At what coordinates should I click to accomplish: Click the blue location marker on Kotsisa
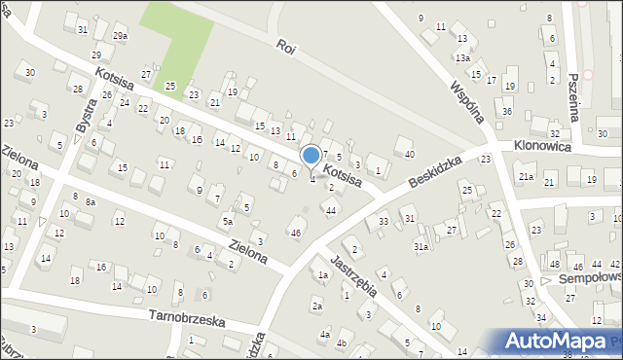pyautogui.click(x=311, y=156)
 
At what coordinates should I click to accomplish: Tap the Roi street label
pyautogui.click(x=285, y=46)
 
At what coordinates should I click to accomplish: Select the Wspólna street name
pyautogui.click(x=467, y=95)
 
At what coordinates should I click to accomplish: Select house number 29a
pyautogui.click(x=119, y=36)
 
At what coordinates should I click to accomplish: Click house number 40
pyautogui.click(x=410, y=154)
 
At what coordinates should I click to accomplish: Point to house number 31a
pyautogui.click(x=421, y=247)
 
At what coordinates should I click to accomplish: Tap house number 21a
pyautogui.click(x=526, y=177)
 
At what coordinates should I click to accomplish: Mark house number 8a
pyautogui.click(x=90, y=201)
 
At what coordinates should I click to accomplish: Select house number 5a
pyautogui.click(x=227, y=222)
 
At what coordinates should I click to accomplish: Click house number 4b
pyautogui.click(x=342, y=342)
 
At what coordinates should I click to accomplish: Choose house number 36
pyautogui.click(x=507, y=112)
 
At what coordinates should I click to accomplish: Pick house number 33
pyautogui.click(x=384, y=222)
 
